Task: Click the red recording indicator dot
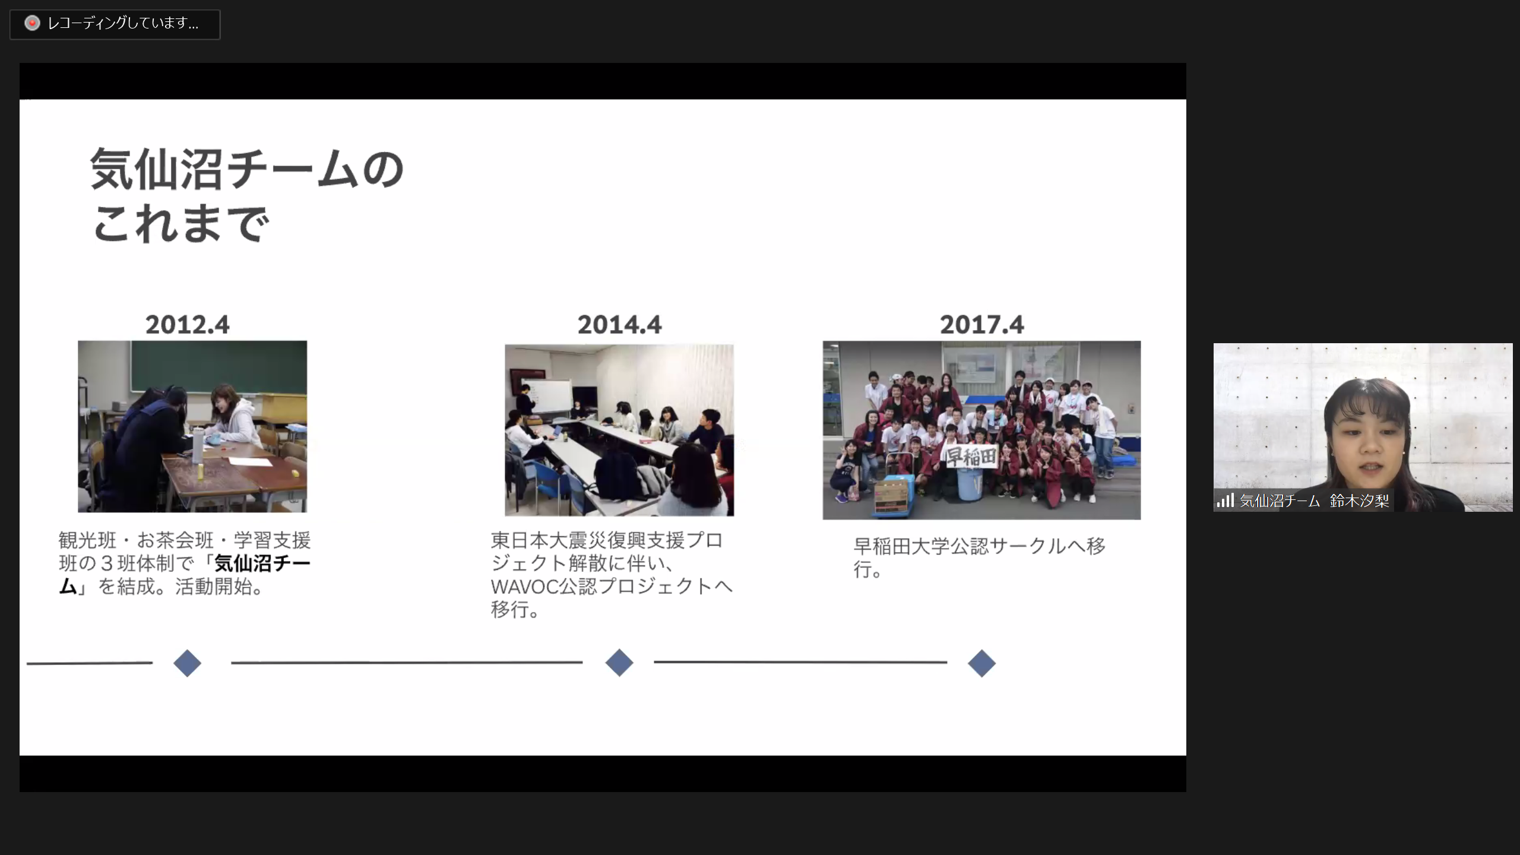click(x=32, y=23)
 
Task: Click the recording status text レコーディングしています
click(x=123, y=23)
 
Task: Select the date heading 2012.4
click(x=187, y=325)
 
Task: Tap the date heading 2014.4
click(x=619, y=325)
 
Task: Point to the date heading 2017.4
click(x=981, y=325)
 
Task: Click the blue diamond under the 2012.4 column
click(x=187, y=663)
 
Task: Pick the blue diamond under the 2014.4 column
click(x=619, y=663)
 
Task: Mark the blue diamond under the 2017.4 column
click(x=981, y=663)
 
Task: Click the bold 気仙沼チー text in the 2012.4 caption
click(x=262, y=563)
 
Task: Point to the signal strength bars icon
click(x=1225, y=501)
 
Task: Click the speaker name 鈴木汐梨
click(x=1360, y=501)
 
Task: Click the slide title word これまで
click(x=181, y=224)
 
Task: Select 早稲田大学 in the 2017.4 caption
click(x=901, y=546)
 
